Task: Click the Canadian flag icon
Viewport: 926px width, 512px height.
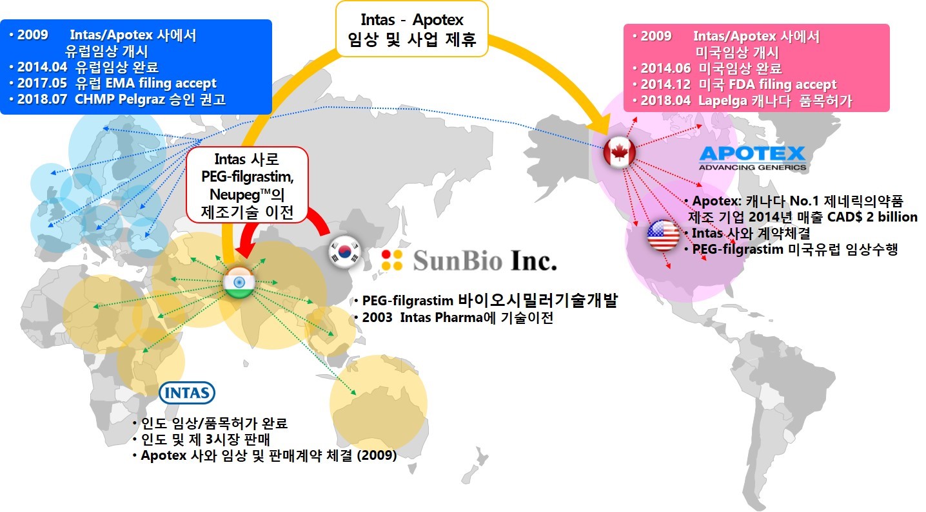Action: click(x=619, y=152)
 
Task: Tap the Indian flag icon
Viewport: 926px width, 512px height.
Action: click(x=239, y=283)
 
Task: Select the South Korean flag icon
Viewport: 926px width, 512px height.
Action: click(x=344, y=251)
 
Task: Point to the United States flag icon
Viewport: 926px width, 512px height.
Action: click(x=663, y=235)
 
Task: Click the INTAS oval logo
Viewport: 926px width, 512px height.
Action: click(x=187, y=393)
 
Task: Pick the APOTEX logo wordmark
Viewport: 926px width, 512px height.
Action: click(x=753, y=158)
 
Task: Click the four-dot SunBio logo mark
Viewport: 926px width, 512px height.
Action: click(x=391, y=260)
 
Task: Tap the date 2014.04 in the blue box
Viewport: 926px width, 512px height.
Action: click(x=42, y=67)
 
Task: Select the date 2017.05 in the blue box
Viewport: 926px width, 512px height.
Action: click(x=42, y=83)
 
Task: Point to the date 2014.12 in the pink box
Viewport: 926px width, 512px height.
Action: click(x=665, y=84)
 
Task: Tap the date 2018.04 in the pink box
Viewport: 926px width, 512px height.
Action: click(x=665, y=100)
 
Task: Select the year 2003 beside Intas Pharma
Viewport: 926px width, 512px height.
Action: click(x=377, y=318)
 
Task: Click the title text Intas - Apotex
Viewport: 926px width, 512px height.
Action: click(x=412, y=19)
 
